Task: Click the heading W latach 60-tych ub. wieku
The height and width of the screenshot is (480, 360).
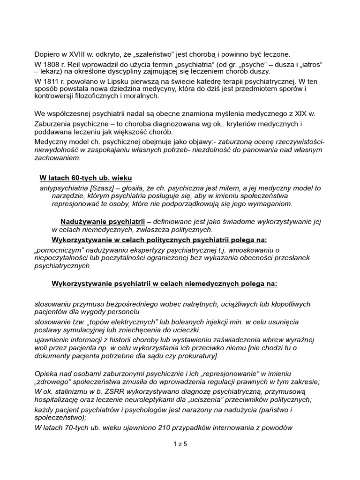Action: (85, 178)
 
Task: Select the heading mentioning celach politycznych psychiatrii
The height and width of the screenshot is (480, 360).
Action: (159, 240)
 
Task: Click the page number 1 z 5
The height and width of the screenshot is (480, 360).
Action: (180, 445)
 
